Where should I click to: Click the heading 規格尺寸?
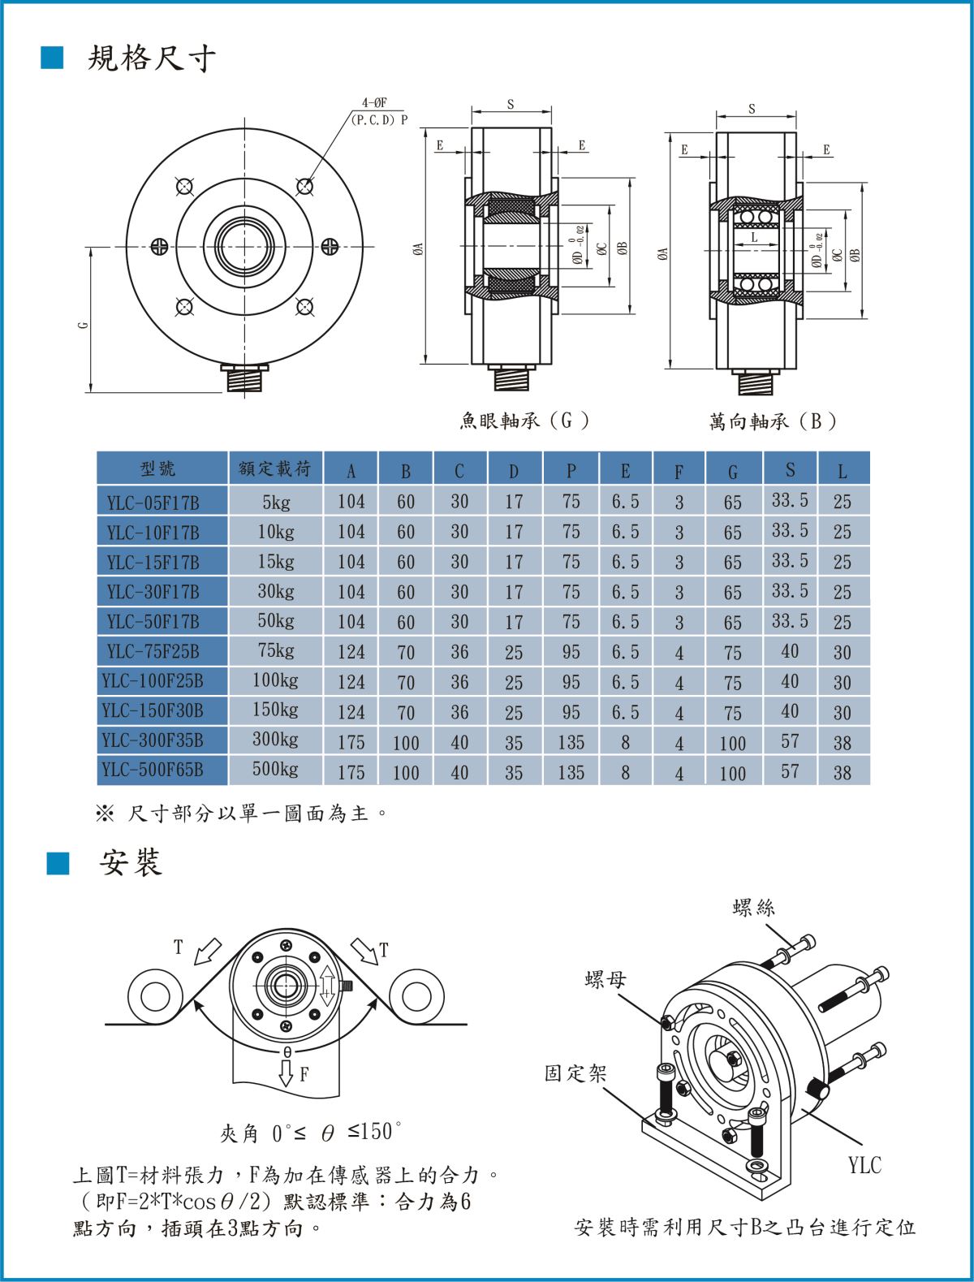point(151,58)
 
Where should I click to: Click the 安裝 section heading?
point(131,862)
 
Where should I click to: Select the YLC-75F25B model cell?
point(153,651)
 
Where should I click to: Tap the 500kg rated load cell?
point(275,770)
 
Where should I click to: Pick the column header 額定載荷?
point(274,469)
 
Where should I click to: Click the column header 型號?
point(157,469)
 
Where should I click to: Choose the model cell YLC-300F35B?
point(153,740)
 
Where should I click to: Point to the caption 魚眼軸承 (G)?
point(524,421)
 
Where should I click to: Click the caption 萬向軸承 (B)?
point(773,421)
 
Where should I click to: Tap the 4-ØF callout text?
point(374,103)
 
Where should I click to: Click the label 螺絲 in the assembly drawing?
point(753,908)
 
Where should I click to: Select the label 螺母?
point(606,980)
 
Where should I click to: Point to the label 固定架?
point(575,1073)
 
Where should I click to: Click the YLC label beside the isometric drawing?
point(864,1165)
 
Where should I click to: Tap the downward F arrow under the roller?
point(286,1073)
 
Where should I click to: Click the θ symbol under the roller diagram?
point(287,1051)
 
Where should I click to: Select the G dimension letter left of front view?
point(84,325)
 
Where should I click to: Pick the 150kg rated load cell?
point(275,710)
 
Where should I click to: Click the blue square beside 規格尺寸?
point(52,58)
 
